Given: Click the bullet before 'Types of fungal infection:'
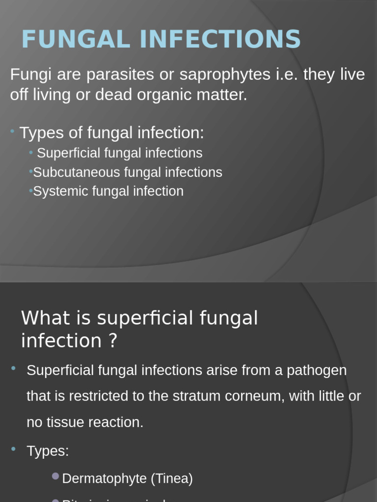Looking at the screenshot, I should [12, 131].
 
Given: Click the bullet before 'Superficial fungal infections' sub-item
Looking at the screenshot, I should [31, 152].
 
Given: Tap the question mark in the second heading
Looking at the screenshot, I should [113, 341].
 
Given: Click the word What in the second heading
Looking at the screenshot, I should [46, 318].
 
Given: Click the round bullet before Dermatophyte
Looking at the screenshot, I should [55, 476].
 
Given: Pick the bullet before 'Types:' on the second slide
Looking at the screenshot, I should [13, 449].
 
